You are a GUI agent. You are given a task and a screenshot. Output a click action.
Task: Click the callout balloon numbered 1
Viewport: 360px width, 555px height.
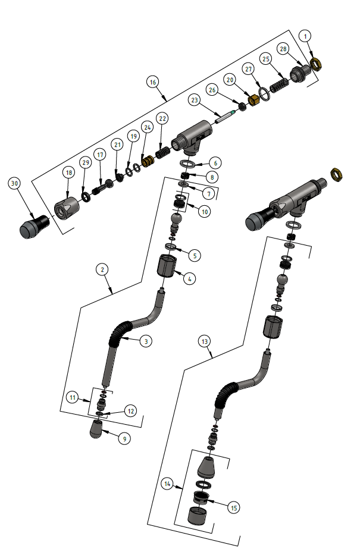(x=306, y=36)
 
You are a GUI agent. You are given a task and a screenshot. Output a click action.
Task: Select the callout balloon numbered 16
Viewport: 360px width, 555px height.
(x=152, y=82)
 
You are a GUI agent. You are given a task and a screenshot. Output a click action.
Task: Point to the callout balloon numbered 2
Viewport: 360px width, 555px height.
(x=103, y=269)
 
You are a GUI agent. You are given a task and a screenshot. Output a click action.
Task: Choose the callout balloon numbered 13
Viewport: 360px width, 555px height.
(x=205, y=341)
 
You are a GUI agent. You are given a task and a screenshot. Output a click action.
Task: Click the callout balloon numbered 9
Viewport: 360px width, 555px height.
(x=124, y=439)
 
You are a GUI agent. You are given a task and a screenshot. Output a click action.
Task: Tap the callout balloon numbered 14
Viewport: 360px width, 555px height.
(x=167, y=485)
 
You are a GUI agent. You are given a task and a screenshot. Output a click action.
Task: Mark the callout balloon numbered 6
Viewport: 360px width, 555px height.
(x=215, y=162)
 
